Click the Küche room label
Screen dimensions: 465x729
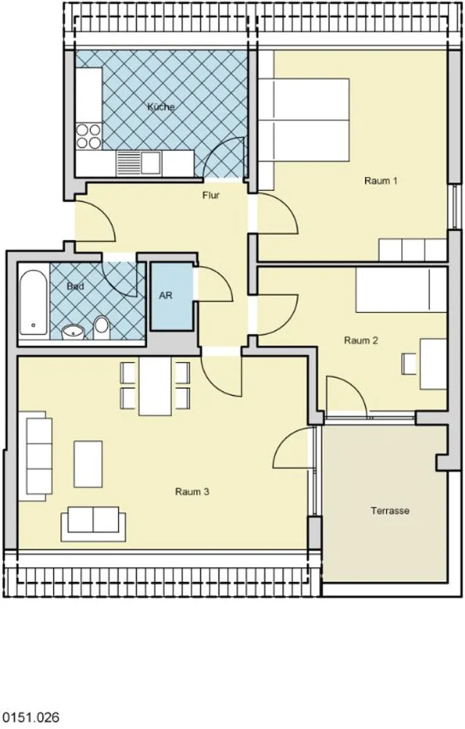coord(161,107)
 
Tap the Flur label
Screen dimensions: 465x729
coord(211,195)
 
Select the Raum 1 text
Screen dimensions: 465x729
coord(381,180)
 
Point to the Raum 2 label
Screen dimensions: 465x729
coord(361,340)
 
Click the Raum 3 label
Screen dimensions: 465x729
coord(192,491)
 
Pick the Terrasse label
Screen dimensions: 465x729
coord(390,510)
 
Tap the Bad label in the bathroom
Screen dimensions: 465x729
coord(75,286)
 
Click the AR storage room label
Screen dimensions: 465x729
coord(165,296)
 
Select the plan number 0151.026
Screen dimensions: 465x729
coord(31,717)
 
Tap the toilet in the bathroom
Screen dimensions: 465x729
coord(101,327)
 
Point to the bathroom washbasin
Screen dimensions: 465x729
coord(73,332)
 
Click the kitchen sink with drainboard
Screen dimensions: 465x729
coord(138,163)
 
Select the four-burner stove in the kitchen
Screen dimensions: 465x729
coord(88,136)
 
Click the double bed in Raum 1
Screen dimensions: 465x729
coord(304,120)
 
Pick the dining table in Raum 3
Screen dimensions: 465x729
coord(155,386)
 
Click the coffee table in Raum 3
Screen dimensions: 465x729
coord(88,464)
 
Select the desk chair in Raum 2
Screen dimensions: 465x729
coord(410,364)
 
